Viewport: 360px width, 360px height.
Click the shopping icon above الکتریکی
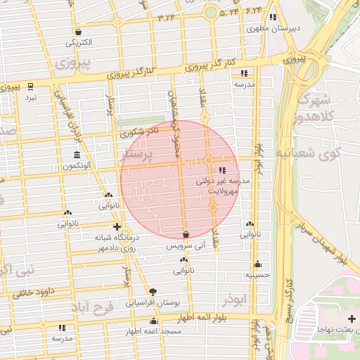(78, 32)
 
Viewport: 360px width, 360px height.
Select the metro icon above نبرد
(30, 86)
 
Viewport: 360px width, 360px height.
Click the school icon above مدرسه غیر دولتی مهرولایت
(223, 170)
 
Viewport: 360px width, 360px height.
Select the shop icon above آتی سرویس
(186, 235)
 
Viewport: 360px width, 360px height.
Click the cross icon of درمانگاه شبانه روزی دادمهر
(117, 227)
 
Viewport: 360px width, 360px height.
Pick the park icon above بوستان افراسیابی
(153, 292)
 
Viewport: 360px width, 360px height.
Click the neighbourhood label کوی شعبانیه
(316, 153)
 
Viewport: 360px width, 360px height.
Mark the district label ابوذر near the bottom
(236, 300)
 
